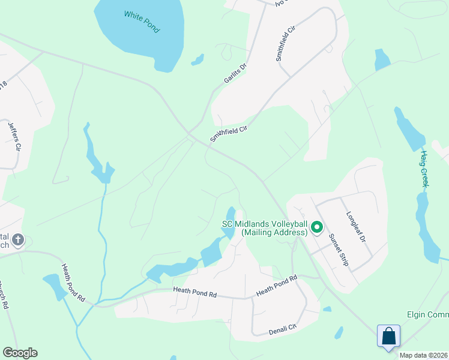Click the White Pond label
pos(142,21)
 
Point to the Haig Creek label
pos(424,169)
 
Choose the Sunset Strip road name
pos(338,249)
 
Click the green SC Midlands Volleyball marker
pos(317,227)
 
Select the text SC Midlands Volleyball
pos(265,224)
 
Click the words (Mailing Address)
pos(270,232)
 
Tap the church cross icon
pos(18,240)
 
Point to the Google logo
pos(20,353)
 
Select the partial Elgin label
pos(423,315)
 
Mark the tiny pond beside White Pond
pos(197,59)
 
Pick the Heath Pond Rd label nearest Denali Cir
pos(277,285)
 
